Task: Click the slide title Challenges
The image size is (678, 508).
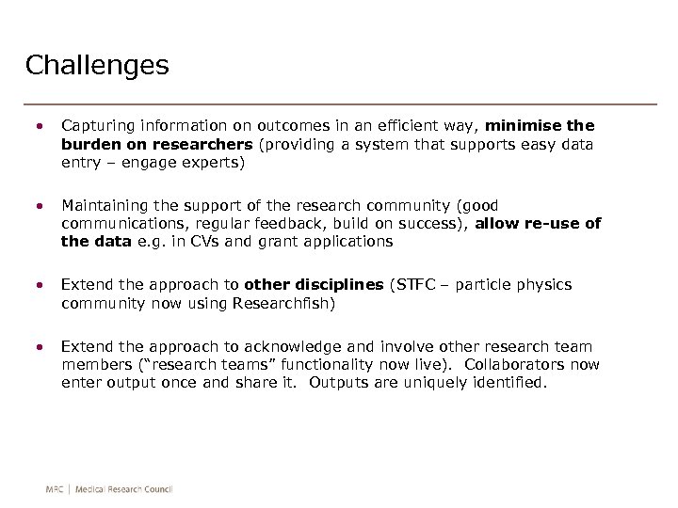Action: click(97, 66)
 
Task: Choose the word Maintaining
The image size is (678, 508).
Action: click(105, 205)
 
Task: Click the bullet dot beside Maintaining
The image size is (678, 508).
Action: click(39, 205)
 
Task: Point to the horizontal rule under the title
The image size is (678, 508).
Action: click(340, 103)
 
